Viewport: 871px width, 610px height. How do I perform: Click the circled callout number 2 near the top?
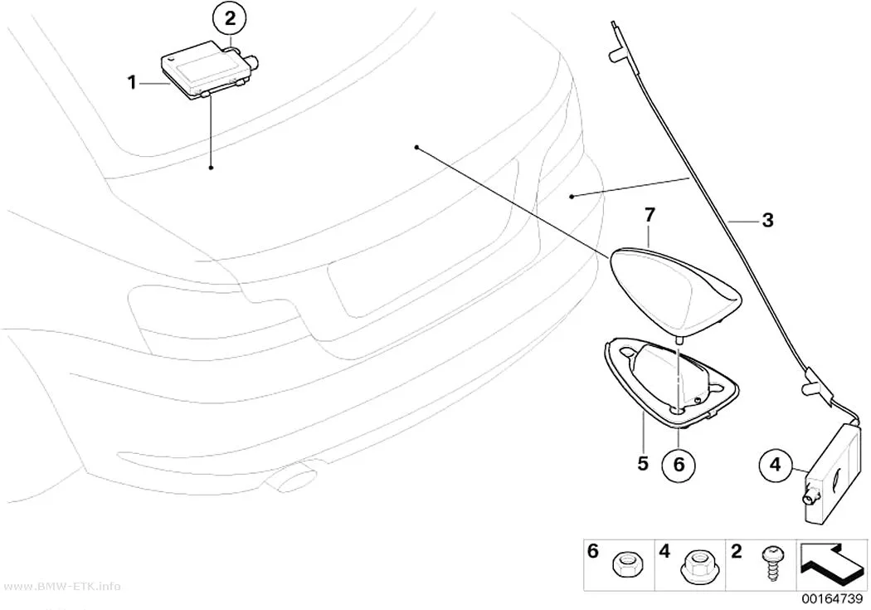pos(230,19)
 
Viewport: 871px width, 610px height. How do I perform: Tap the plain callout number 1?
pos(132,83)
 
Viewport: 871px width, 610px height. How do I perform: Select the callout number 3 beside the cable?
pos(767,220)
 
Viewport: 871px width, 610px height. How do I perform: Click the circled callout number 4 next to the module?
pos(775,464)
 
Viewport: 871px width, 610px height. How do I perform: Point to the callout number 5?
pos(643,463)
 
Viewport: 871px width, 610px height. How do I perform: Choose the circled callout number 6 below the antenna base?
pos(679,464)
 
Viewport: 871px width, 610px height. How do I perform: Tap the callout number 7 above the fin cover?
pos(650,214)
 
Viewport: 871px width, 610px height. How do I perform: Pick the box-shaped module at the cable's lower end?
pos(833,473)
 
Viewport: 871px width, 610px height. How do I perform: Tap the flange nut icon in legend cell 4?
pos(695,567)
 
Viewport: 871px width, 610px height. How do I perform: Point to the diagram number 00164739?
pos(831,599)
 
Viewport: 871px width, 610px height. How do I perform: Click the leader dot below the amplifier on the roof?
pos(211,167)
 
